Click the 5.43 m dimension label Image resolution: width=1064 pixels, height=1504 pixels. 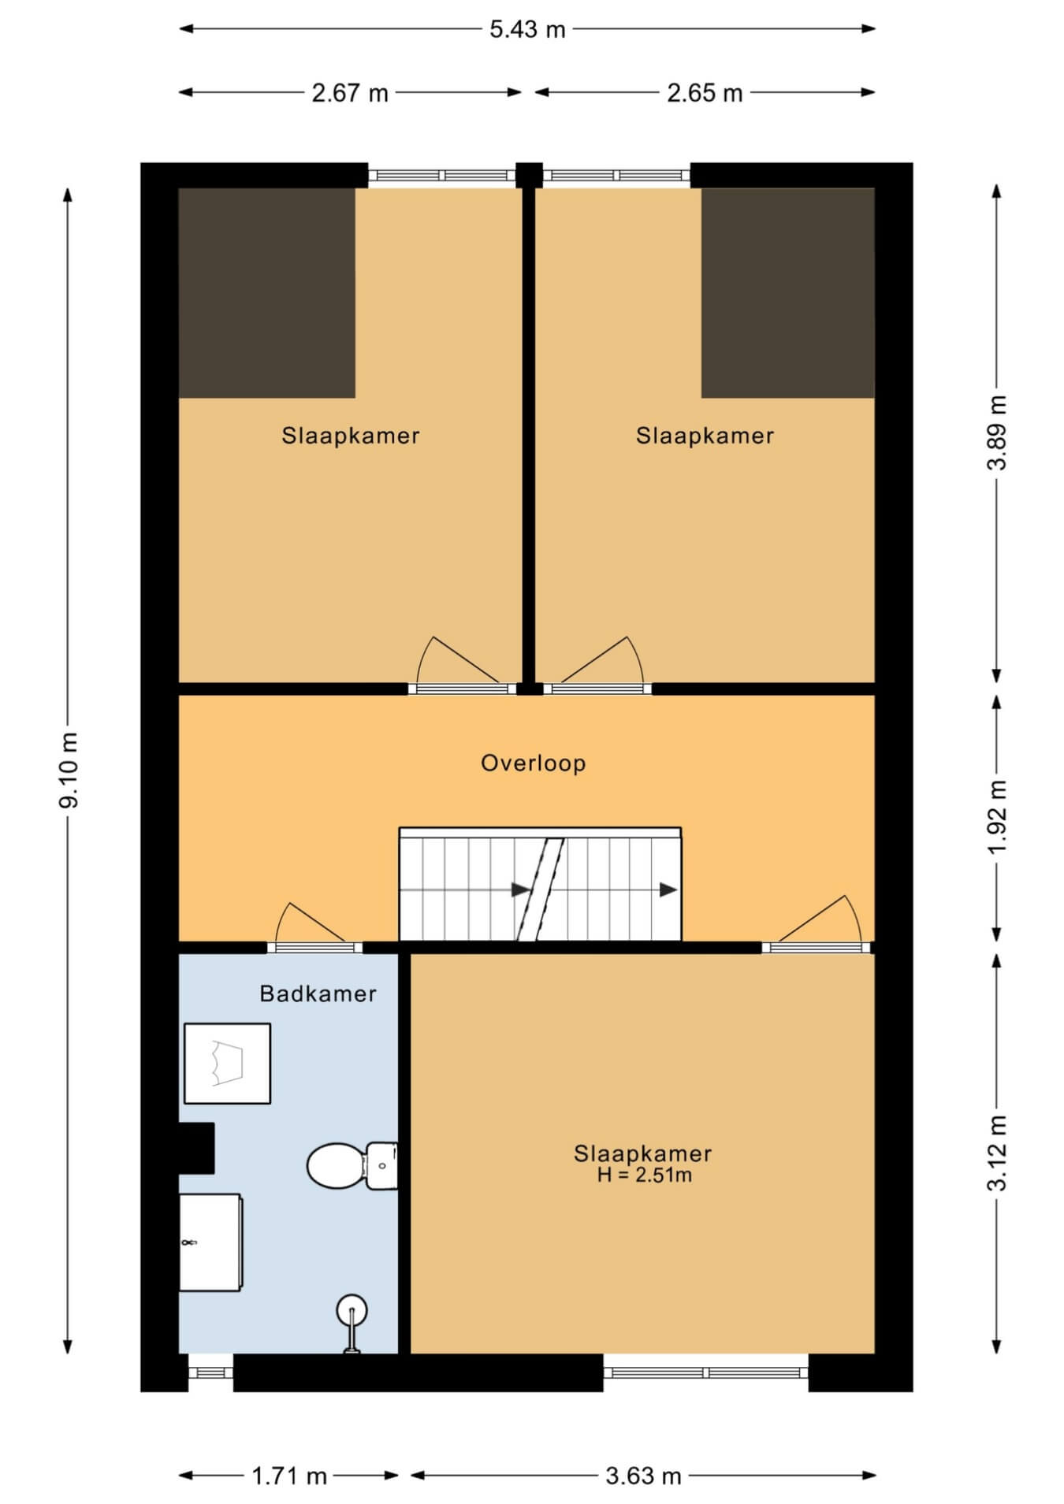click(527, 30)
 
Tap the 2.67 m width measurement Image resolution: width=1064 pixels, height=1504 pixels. click(350, 94)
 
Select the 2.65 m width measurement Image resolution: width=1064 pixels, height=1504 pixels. click(705, 94)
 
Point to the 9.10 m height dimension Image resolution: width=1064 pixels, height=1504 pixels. click(69, 770)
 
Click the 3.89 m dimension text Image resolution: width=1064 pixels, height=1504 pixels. click(998, 433)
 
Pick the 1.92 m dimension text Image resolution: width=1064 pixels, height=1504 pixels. click(998, 817)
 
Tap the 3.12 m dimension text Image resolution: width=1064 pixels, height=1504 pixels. click(998, 1153)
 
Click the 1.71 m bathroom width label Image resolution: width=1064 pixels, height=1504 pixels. click(289, 1476)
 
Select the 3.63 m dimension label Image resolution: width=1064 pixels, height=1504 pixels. click(643, 1476)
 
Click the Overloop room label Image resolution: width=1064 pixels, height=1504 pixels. click(534, 763)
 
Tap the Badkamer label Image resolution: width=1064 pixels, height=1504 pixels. click(318, 993)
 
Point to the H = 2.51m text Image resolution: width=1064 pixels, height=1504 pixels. click(645, 1175)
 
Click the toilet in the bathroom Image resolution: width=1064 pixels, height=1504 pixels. click(352, 1165)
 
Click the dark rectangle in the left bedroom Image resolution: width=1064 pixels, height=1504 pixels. click(267, 292)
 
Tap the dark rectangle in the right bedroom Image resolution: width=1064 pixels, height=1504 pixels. click(788, 292)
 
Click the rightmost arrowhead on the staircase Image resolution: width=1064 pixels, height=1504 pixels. click(668, 889)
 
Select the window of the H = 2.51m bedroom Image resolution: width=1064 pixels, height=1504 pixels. click(706, 1372)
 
